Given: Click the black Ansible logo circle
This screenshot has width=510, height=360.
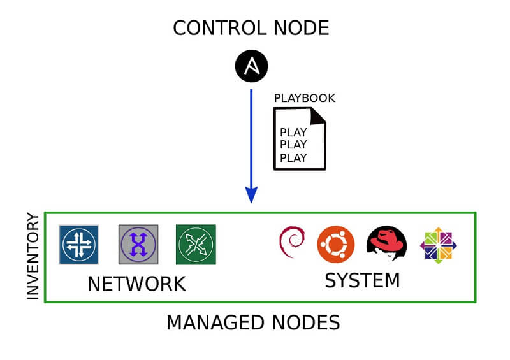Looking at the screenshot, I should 251,65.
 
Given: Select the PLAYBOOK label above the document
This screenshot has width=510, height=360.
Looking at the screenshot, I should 304,98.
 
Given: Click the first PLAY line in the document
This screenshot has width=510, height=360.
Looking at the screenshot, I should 293,133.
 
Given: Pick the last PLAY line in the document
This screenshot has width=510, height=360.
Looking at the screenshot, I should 293,158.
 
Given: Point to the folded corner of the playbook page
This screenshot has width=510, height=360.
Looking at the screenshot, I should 318,115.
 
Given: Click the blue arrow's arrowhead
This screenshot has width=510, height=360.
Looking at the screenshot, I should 251,194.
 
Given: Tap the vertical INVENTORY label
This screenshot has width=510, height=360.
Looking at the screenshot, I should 33,256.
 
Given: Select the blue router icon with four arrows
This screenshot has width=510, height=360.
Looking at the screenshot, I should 79,245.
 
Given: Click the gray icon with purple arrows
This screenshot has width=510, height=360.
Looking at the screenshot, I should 138,245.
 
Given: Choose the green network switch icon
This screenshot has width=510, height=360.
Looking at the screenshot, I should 196,245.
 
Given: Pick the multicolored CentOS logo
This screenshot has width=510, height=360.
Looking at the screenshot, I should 439,245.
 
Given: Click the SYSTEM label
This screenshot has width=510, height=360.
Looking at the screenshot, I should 362,280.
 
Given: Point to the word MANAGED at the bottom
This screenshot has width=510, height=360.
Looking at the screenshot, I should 215,322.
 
